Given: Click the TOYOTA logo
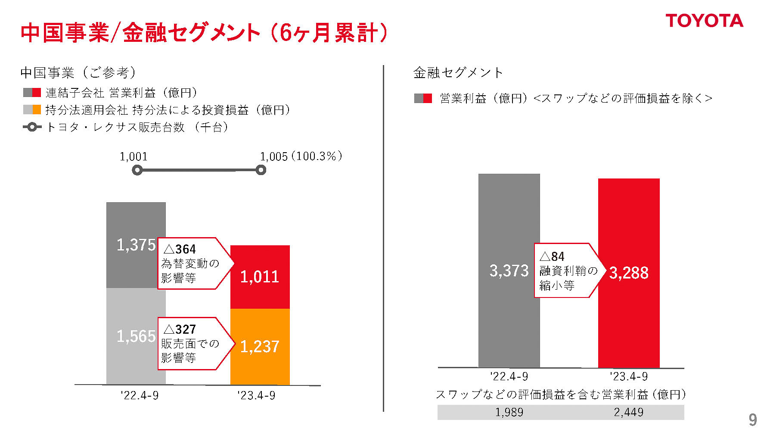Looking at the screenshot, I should pos(704,21).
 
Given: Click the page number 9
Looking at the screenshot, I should pos(752,419).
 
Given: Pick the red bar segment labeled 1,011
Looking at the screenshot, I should pos(260,277).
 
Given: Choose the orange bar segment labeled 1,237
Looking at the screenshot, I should pos(260,347).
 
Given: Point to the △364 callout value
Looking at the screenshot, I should pos(180,249).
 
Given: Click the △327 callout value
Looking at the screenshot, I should pos(180,329).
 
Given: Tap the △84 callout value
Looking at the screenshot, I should pos(552,257).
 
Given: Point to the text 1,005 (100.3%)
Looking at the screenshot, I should pos(301,156).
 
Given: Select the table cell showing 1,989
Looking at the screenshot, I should pos(509,412).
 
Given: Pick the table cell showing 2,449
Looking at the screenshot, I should pos(629,412).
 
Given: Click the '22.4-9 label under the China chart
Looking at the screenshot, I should pos(140,395).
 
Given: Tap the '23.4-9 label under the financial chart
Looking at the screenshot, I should pos(629,376).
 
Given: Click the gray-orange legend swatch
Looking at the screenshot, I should pos(32,110).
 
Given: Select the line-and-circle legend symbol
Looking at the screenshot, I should pos(32,127).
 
